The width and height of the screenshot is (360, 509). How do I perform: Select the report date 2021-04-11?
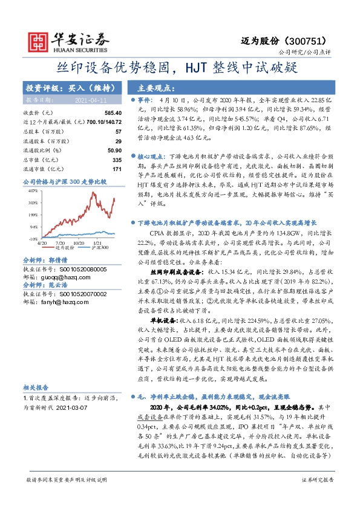point(89,100)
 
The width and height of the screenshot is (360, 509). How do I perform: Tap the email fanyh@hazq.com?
point(51,302)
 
